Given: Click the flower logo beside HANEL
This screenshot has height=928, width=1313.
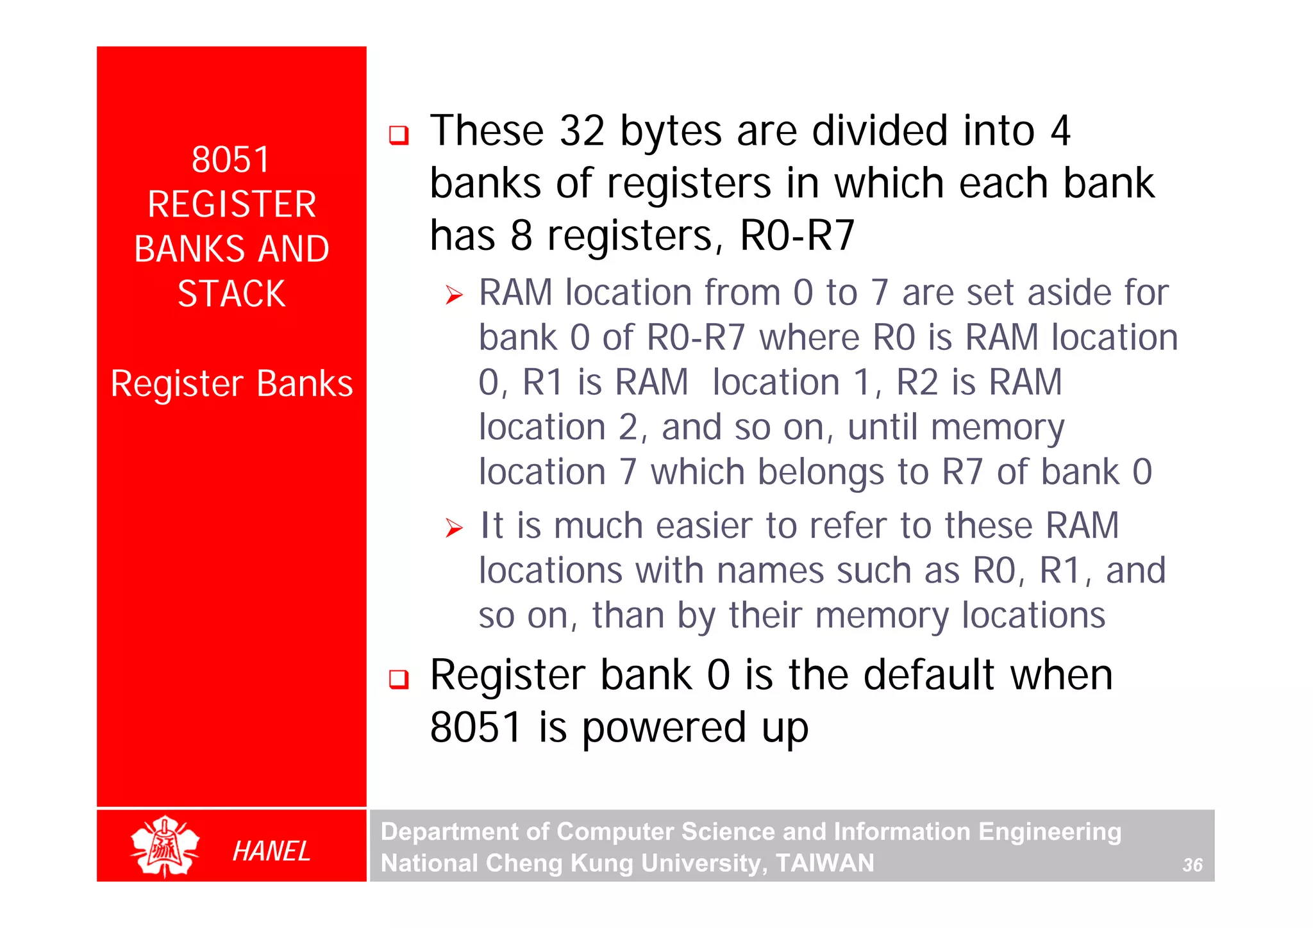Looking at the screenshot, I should click(x=165, y=846).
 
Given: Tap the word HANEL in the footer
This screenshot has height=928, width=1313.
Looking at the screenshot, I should click(x=271, y=851).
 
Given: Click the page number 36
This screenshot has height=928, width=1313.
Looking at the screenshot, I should click(x=1192, y=865).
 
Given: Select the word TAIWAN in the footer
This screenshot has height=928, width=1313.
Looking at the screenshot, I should click(x=825, y=863).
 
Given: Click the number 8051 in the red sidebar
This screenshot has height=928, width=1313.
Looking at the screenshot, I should click(x=231, y=160).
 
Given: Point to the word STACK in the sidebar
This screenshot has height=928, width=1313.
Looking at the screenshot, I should click(x=231, y=294).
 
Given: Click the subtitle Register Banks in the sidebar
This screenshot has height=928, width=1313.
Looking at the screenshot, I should click(x=231, y=384).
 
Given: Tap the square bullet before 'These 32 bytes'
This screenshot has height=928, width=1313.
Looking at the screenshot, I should click(x=399, y=135).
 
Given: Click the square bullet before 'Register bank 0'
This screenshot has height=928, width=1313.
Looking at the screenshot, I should click(x=399, y=679).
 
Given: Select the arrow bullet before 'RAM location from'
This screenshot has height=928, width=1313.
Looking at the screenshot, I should click(x=454, y=295).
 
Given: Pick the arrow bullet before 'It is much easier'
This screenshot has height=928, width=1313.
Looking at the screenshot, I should click(x=454, y=528).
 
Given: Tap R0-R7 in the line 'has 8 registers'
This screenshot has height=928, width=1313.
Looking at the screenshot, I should click(x=797, y=235).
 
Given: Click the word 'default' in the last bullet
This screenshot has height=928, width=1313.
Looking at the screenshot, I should click(x=930, y=675).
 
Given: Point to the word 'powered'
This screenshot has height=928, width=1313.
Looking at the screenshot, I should click(x=664, y=729).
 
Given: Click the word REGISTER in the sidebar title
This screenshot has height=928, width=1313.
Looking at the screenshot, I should click(x=231, y=204).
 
